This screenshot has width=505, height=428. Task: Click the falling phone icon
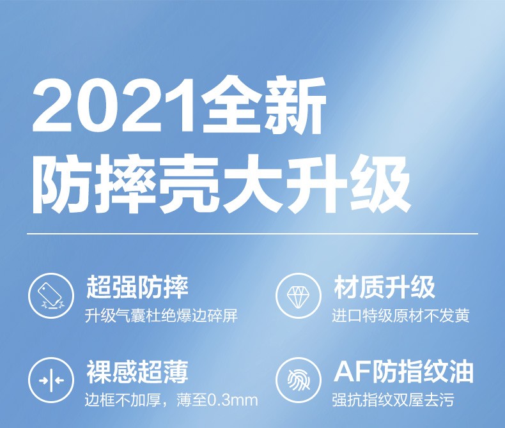pos(51,295)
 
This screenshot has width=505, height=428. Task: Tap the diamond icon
pos(299,295)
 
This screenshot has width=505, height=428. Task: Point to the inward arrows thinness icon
pos(51,380)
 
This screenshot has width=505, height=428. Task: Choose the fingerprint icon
pos(299,380)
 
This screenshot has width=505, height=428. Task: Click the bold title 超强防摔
pos(137,287)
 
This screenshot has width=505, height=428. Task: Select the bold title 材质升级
pos(385,287)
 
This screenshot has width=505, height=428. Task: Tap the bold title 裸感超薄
pos(137,371)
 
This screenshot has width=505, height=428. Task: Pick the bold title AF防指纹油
pos(404,371)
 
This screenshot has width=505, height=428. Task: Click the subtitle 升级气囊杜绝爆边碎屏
pos(161,316)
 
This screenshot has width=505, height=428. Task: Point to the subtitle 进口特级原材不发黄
pos(401,316)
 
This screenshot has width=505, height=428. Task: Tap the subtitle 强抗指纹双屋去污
pos(393,400)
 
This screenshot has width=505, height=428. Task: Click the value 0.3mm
pos(233,401)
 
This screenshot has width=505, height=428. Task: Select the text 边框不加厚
pos(123,400)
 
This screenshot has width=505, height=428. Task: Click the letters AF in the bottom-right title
pos(352,372)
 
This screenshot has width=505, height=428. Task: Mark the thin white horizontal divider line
pos(252,234)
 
